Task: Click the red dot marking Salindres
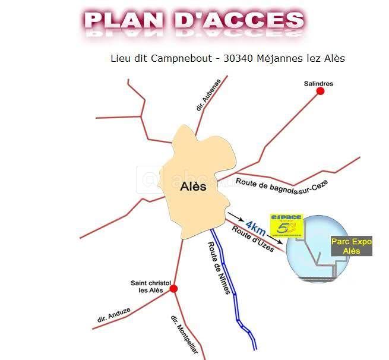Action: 321,91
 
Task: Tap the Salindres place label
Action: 318,84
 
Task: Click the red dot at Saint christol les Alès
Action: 173,289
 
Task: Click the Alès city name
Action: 193,187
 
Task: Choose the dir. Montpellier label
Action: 184,334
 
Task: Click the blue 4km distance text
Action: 255,227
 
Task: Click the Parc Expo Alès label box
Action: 352,247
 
